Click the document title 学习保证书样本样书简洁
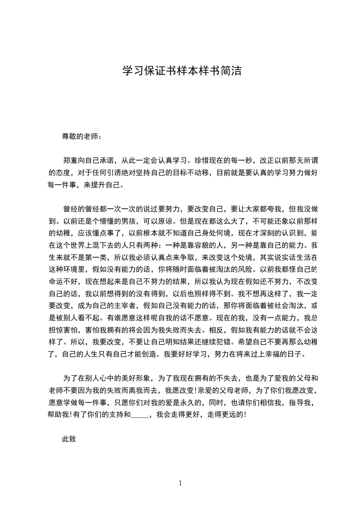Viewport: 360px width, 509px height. click(x=182, y=71)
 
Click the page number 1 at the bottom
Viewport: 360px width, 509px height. click(x=180, y=483)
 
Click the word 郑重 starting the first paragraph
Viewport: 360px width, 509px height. click(x=70, y=160)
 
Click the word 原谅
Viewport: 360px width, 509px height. click(x=165, y=222)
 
